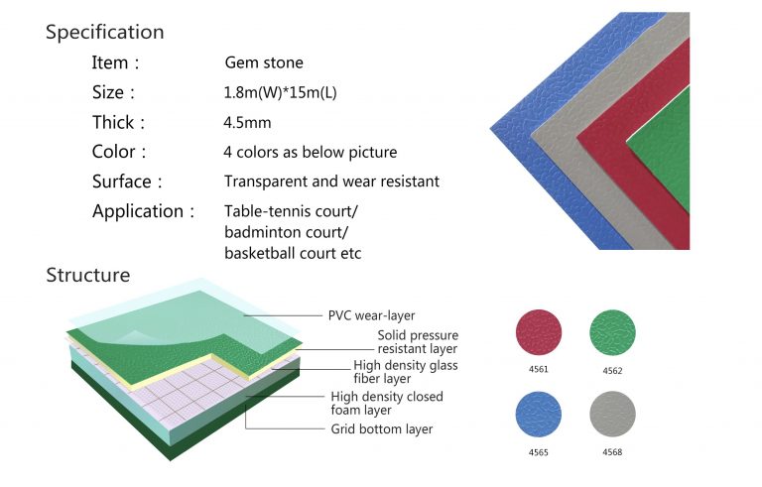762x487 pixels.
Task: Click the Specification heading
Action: (105, 32)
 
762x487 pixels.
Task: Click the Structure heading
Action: (88, 275)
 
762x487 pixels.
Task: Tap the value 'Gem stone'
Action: (264, 62)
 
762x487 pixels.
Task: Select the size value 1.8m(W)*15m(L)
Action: (281, 92)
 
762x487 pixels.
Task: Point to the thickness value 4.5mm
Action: (247, 123)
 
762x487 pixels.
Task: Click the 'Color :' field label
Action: (119, 153)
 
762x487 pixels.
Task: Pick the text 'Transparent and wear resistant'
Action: (331, 183)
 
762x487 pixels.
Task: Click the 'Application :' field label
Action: (138, 211)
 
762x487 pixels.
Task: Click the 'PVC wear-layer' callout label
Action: (371, 315)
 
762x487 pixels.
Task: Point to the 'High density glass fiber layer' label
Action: (406, 372)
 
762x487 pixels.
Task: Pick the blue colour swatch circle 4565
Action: (539, 414)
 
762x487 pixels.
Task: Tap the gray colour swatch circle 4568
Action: (612, 414)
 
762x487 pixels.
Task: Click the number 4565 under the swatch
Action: (539, 452)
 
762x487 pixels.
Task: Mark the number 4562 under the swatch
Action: (612, 370)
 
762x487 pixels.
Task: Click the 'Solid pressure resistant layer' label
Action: (417, 342)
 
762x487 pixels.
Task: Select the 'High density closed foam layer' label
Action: (387, 403)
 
